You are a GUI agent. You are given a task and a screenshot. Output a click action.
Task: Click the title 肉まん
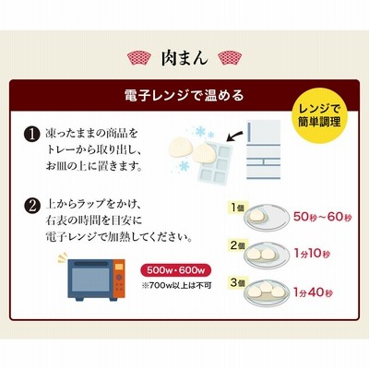(x=184, y=58)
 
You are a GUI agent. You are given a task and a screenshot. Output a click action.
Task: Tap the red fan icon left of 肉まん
(x=139, y=58)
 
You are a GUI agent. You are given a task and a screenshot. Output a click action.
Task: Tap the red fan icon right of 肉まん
(x=230, y=58)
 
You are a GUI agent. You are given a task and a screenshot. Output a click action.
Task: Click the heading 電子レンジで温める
(x=184, y=95)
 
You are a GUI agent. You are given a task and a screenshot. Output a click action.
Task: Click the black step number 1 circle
(x=32, y=135)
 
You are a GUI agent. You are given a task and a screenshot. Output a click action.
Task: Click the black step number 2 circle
(x=32, y=206)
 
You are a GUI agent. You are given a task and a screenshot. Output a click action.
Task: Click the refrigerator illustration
(x=264, y=149)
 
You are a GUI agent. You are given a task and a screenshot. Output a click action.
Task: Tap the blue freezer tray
(x=216, y=163)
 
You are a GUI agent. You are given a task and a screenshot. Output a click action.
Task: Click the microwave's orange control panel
(x=119, y=279)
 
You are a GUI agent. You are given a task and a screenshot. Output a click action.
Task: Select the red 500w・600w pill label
(x=176, y=270)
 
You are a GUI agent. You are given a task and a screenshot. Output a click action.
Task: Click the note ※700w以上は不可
(x=176, y=285)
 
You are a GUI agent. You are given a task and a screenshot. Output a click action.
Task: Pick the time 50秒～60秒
(x=322, y=217)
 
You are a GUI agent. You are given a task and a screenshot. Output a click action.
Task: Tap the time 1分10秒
(x=312, y=254)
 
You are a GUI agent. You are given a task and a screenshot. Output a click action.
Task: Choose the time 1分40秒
(x=313, y=292)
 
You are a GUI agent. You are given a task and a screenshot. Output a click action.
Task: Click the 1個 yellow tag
(x=237, y=208)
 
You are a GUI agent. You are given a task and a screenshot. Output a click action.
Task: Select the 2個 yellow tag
(x=238, y=245)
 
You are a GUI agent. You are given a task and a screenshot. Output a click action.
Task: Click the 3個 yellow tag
(x=238, y=282)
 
